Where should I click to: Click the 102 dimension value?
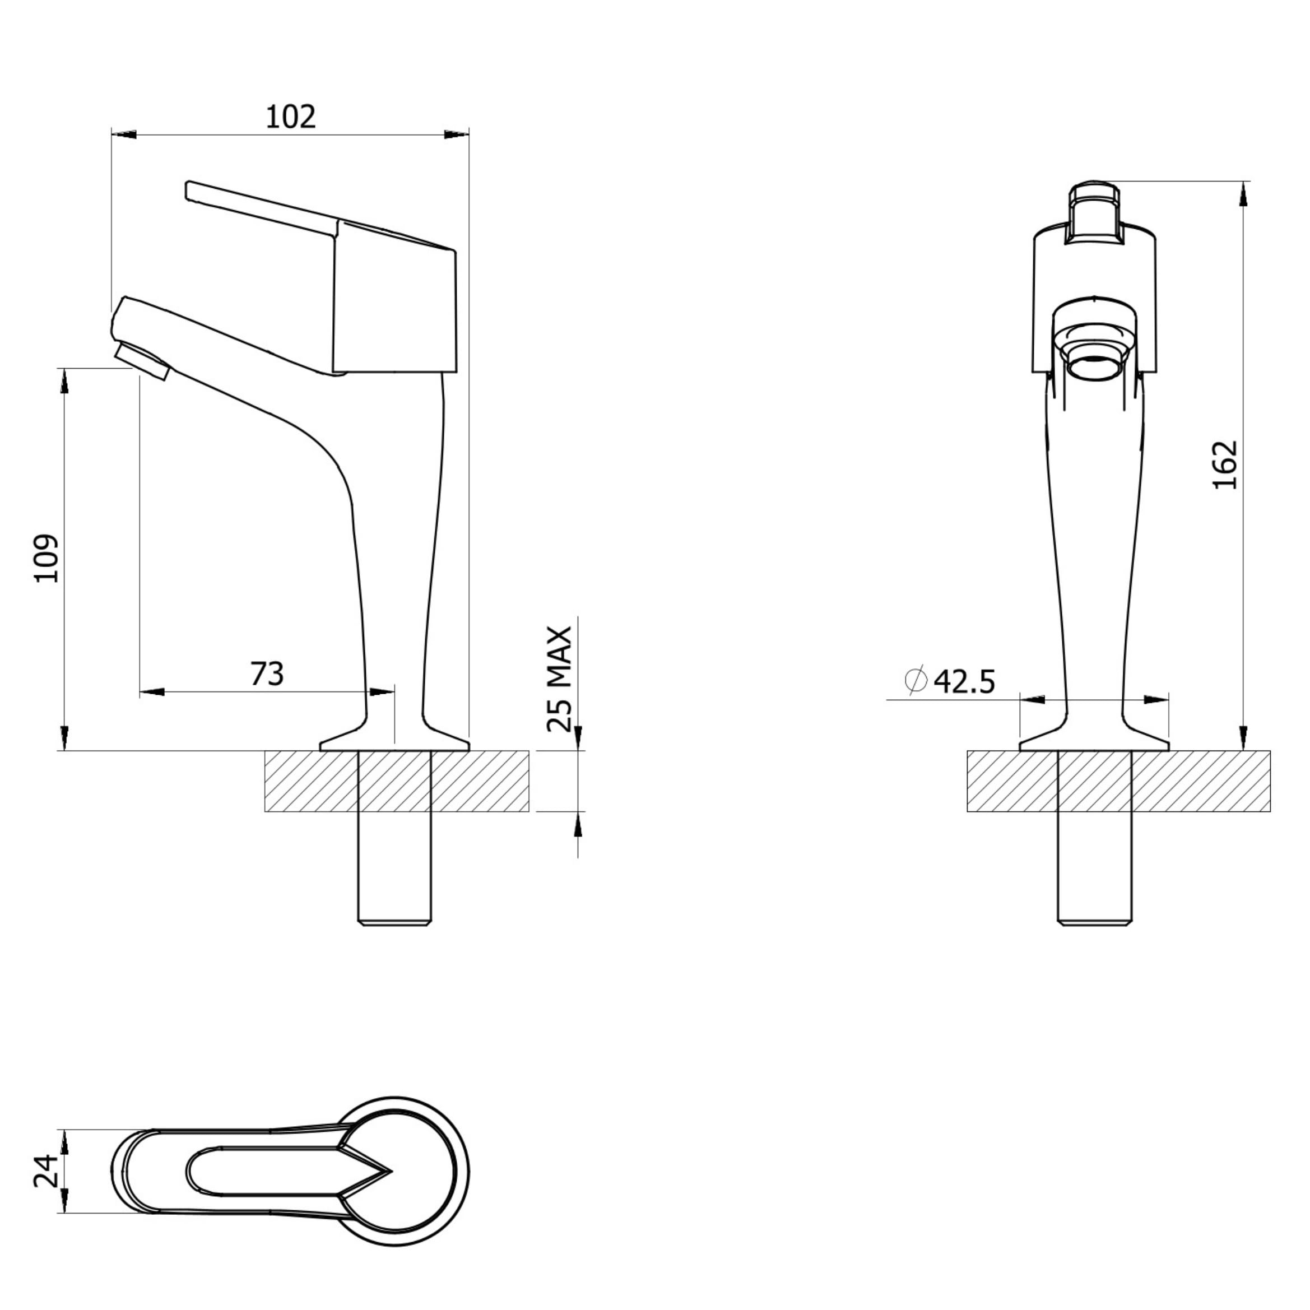(x=290, y=117)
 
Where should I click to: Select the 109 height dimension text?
(x=48, y=558)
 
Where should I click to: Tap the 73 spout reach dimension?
(x=267, y=673)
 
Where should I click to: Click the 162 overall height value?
(x=1225, y=465)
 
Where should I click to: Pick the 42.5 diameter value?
(x=965, y=681)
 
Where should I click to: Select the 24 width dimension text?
(x=46, y=1171)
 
